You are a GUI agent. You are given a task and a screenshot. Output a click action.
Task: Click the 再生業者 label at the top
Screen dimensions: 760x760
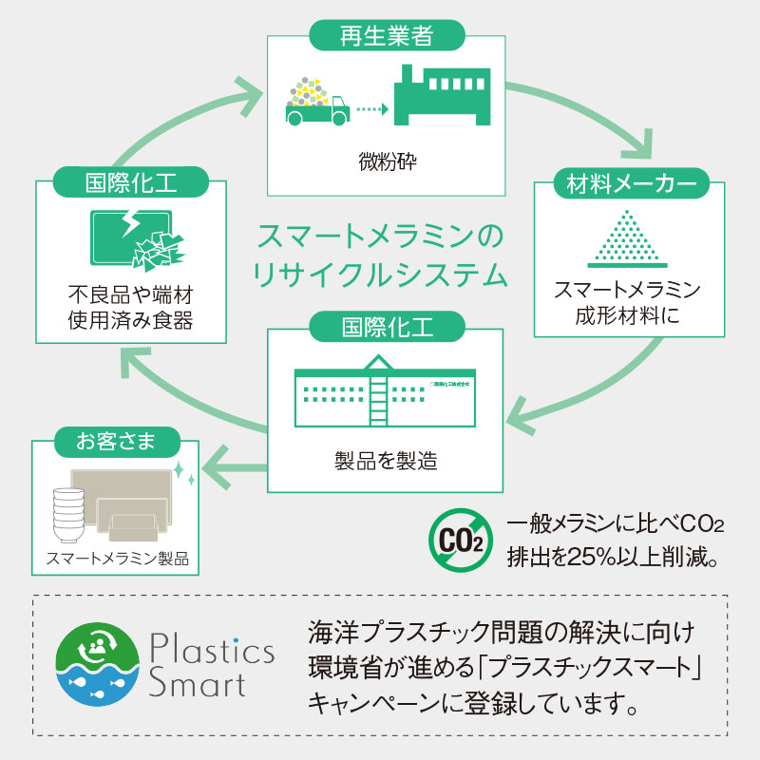[386, 37]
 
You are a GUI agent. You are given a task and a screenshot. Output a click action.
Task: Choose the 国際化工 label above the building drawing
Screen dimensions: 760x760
[386, 328]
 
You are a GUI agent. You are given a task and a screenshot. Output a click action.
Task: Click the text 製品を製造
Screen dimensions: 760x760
[386, 461]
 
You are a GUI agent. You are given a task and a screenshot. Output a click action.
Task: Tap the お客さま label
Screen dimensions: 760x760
[115, 441]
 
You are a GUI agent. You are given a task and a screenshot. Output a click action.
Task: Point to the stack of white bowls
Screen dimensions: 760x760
[66, 514]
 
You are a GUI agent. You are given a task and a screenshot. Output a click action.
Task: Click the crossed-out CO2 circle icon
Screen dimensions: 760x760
[461, 539]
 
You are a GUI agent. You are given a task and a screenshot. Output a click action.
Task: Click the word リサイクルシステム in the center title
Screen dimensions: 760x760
[380, 275]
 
